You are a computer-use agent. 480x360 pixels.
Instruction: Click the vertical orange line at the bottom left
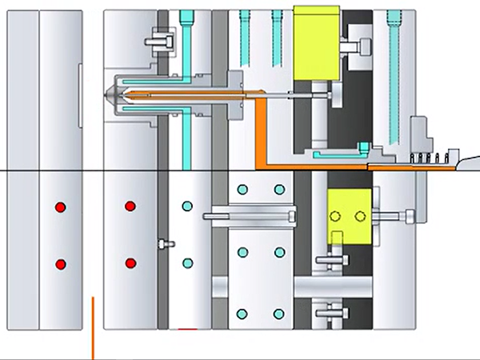click(93, 328)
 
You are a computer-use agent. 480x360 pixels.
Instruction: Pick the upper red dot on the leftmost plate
click(60, 208)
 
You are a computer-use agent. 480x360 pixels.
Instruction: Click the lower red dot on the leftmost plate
click(60, 264)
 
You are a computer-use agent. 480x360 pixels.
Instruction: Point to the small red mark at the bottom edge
click(187, 328)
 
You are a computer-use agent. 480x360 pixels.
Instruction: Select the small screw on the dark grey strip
click(164, 243)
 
